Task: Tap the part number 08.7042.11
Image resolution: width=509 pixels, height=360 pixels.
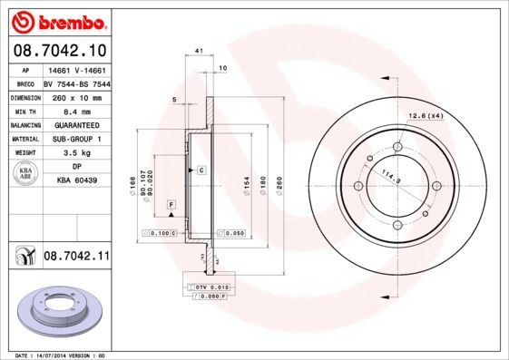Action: click(x=75, y=258)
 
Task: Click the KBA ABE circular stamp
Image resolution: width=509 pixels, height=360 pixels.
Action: click(x=24, y=174)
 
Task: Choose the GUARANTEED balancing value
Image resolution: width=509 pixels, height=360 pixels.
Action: click(x=76, y=125)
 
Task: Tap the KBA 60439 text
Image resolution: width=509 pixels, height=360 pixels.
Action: click(x=76, y=181)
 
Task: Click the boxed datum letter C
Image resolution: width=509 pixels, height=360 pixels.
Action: click(x=201, y=170)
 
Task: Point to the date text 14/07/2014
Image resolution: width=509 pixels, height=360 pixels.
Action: click(x=68, y=355)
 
